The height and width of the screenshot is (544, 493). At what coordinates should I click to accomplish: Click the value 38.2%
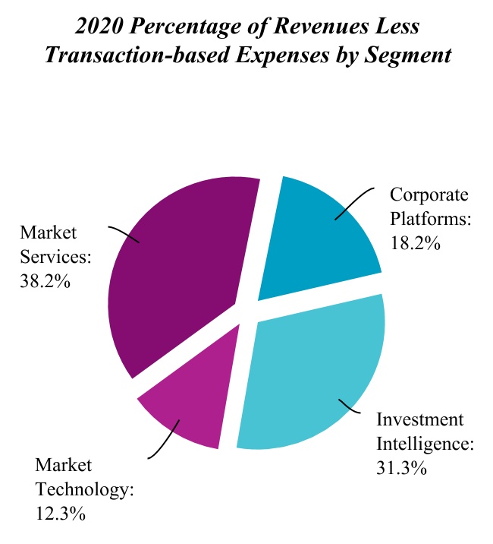[x=46, y=281]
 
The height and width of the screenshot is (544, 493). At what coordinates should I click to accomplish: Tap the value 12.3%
[x=60, y=514]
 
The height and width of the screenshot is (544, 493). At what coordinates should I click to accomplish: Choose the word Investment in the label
[x=419, y=419]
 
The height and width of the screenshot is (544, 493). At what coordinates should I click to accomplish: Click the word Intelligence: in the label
[x=425, y=444]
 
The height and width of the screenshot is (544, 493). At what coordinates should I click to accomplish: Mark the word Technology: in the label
[x=84, y=489]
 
